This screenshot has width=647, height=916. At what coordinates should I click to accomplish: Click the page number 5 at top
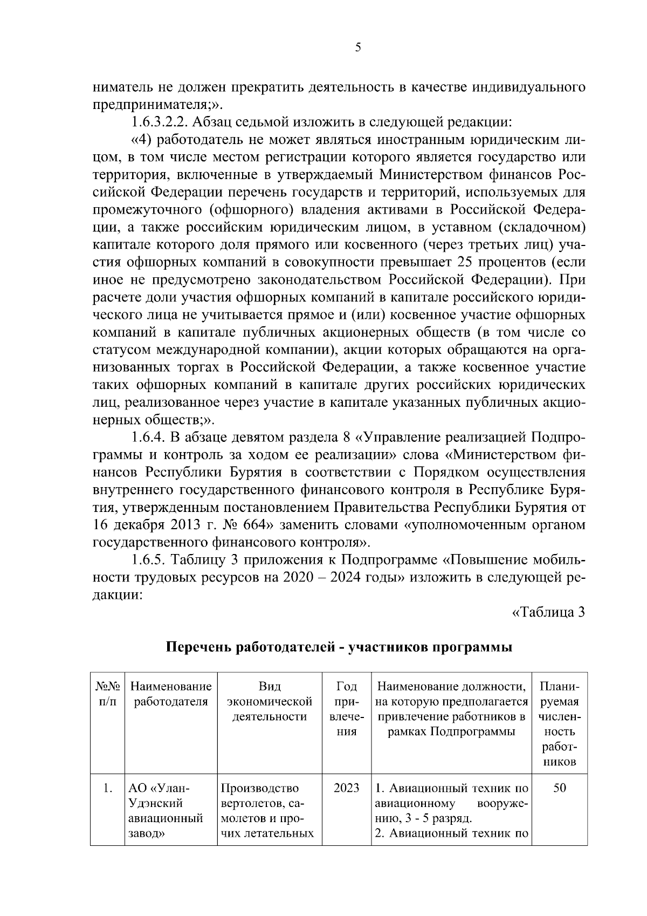358,47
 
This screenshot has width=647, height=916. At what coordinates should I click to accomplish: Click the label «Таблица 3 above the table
548,612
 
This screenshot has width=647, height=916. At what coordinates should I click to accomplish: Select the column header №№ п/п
108,694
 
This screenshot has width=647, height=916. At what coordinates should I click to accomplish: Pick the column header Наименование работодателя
171,694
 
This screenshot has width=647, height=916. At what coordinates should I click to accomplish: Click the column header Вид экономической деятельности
270,702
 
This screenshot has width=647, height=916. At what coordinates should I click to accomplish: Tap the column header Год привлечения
346,709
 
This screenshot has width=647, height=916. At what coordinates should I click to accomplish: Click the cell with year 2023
346,788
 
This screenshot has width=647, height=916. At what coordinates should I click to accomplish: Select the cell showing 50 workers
559,788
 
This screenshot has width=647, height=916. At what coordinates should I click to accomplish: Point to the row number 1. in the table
107,788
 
